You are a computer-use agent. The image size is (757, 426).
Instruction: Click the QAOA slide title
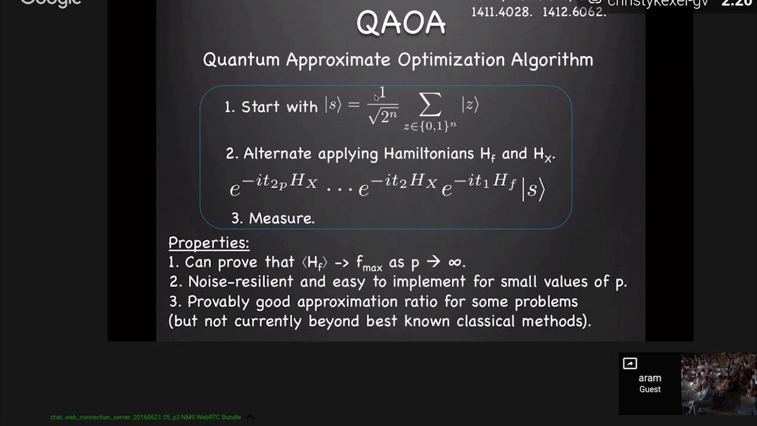click(x=400, y=23)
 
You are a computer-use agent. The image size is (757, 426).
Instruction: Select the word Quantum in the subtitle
click(x=241, y=60)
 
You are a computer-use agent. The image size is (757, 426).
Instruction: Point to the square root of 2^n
click(x=383, y=116)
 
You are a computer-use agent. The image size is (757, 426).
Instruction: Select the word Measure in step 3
click(x=281, y=218)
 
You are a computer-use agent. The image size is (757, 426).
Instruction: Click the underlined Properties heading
click(x=209, y=243)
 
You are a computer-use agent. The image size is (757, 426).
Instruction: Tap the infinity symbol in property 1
click(x=457, y=262)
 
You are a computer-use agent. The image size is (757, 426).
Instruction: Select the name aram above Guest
click(x=649, y=378)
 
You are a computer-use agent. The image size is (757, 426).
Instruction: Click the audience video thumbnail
click(x=719, y=383)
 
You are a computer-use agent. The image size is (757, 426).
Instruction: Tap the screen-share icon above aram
click(x=630, y=364)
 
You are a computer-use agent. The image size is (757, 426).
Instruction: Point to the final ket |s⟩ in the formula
click(x=533, y=189)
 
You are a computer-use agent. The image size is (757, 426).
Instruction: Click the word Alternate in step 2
click(x=277, y=154)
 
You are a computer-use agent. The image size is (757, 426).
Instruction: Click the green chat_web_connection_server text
click(x=145, y=417)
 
